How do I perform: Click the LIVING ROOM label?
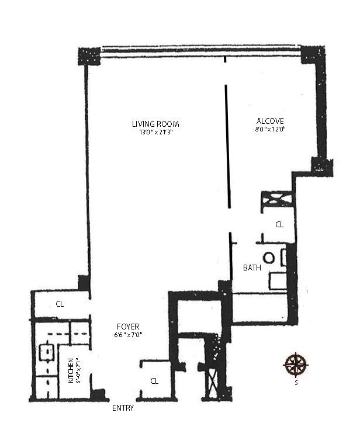(155, 124)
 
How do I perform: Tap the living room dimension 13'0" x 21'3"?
(155, 133)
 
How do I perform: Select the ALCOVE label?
(269, 121)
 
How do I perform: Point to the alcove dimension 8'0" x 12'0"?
(269, 129)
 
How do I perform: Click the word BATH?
(252, 268)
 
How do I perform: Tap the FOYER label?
(127, 327)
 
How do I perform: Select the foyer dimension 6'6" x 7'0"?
(127, 335)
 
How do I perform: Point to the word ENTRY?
(123, 408)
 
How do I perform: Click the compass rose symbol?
(296, 365)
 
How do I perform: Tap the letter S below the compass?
(296, 383)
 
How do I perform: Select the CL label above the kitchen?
(60, 304)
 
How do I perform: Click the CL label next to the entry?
(154, 381)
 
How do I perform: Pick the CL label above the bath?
(279, 224)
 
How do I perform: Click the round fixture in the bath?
(269, 258)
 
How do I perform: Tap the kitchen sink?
(45, 352)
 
